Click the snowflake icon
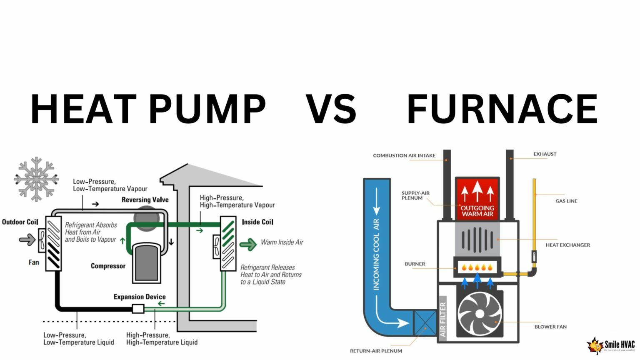[x=36, y=179]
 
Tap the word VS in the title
[x=331, y=109]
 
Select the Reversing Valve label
[x=145, y=200]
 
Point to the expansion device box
[x=138, y=309]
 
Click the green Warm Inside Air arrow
[x=248, y=244]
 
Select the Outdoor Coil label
[x=20, y=222]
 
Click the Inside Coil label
[x=257, y=222]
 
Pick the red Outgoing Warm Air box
[x=477, y=198]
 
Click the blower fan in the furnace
[x=480, y=314]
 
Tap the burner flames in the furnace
[x=477, y=267]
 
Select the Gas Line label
[x=566, y=201]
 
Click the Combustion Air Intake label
[x=404, y=155]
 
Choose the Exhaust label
[x=545, y=154]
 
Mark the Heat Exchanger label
[x=567, y=245]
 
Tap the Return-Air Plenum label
[x=376, y=351]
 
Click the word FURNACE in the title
[x=502, y=109]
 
